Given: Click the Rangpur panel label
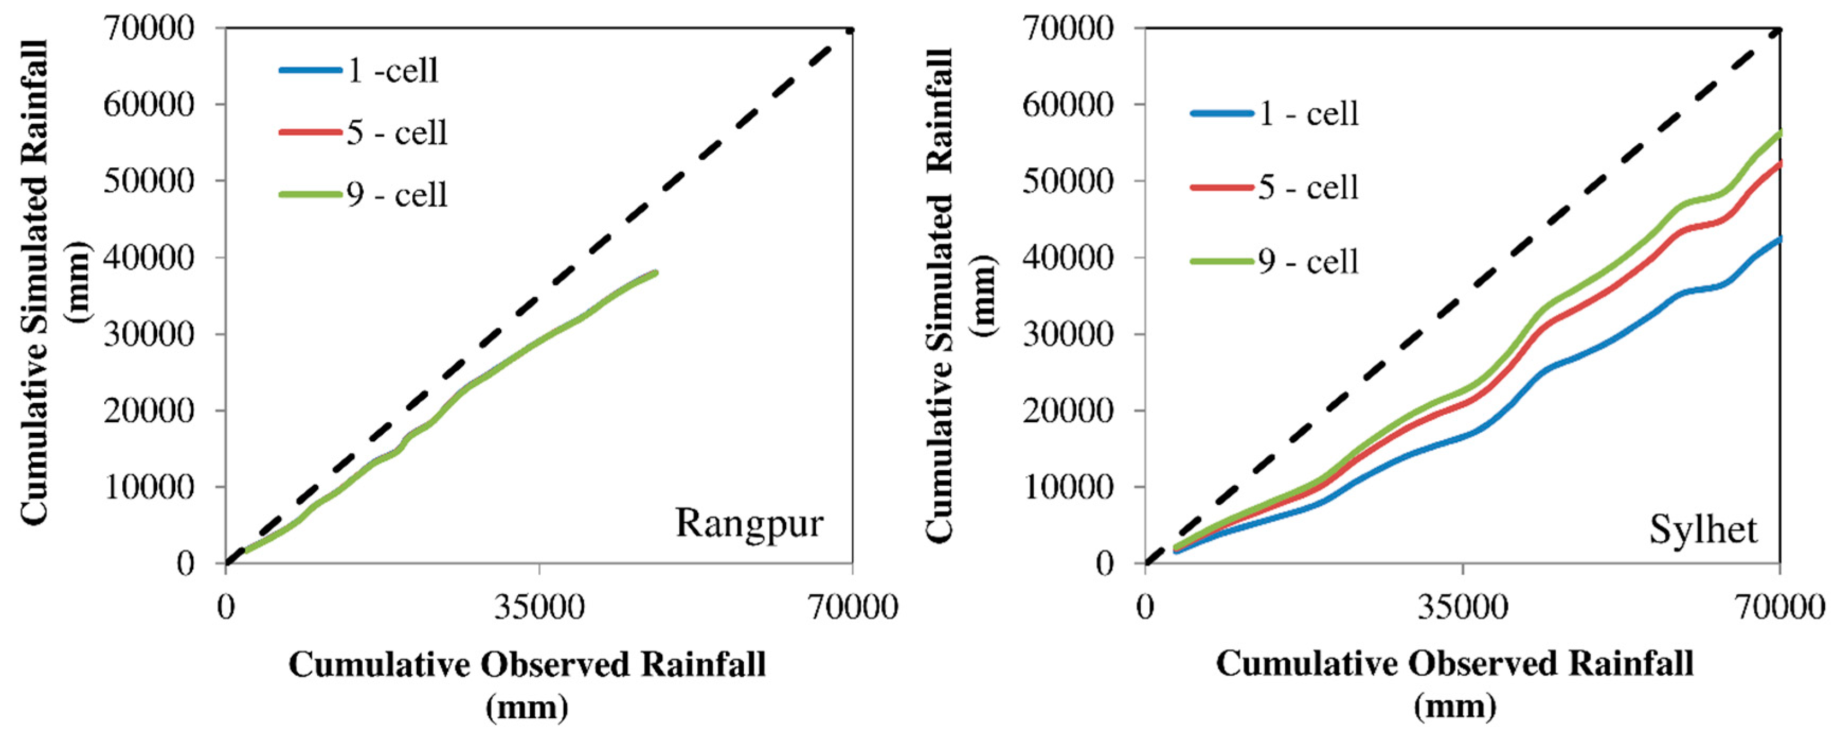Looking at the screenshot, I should click(x=749, y=523).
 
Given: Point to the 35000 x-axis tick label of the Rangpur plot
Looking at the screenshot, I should click(x=539, y=607).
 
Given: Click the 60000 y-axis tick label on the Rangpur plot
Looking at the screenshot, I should click(x=149, y=105).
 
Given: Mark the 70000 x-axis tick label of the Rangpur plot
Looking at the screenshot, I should click(x=852, y=607).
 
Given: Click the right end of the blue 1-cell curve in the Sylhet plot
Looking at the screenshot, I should click(x=1780, y=238).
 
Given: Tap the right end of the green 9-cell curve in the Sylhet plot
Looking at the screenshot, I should click(x=1780, y=132).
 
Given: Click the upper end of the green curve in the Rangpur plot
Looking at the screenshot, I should click(x=655, y=272).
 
